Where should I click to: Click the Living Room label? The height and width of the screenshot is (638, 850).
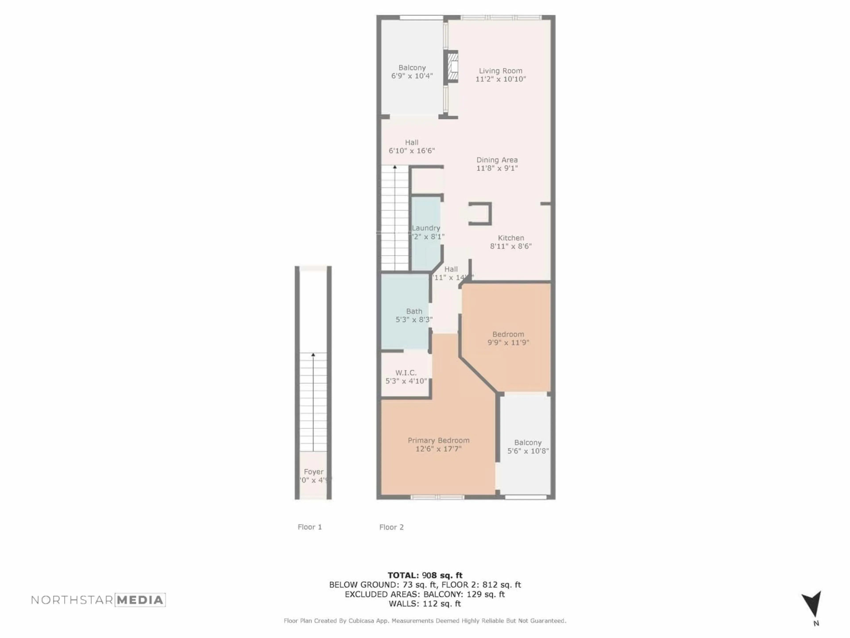pyautogui.click(x=500, y=71)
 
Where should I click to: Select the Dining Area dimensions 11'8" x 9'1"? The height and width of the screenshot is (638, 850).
pyautogui.click(x=497, y=168)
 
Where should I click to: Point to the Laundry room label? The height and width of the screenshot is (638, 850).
pyautogui.click(x=426, y=228)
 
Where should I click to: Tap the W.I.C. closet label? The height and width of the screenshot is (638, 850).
pyautogui.click(x=406, y=373)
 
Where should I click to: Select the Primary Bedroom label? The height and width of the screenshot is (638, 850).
pyautogui.click(x=439, y=440)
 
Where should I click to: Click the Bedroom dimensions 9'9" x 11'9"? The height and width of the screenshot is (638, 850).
pyautogui.click(x=508, y=342)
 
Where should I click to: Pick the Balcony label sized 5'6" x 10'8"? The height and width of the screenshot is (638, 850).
pyautogui.click(x=528, y=443)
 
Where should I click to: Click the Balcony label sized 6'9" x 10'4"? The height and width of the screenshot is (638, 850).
pyautogui.click(x=412, y=68)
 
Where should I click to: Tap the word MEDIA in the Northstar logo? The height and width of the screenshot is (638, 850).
pyautogui.click(x=140, y=600)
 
